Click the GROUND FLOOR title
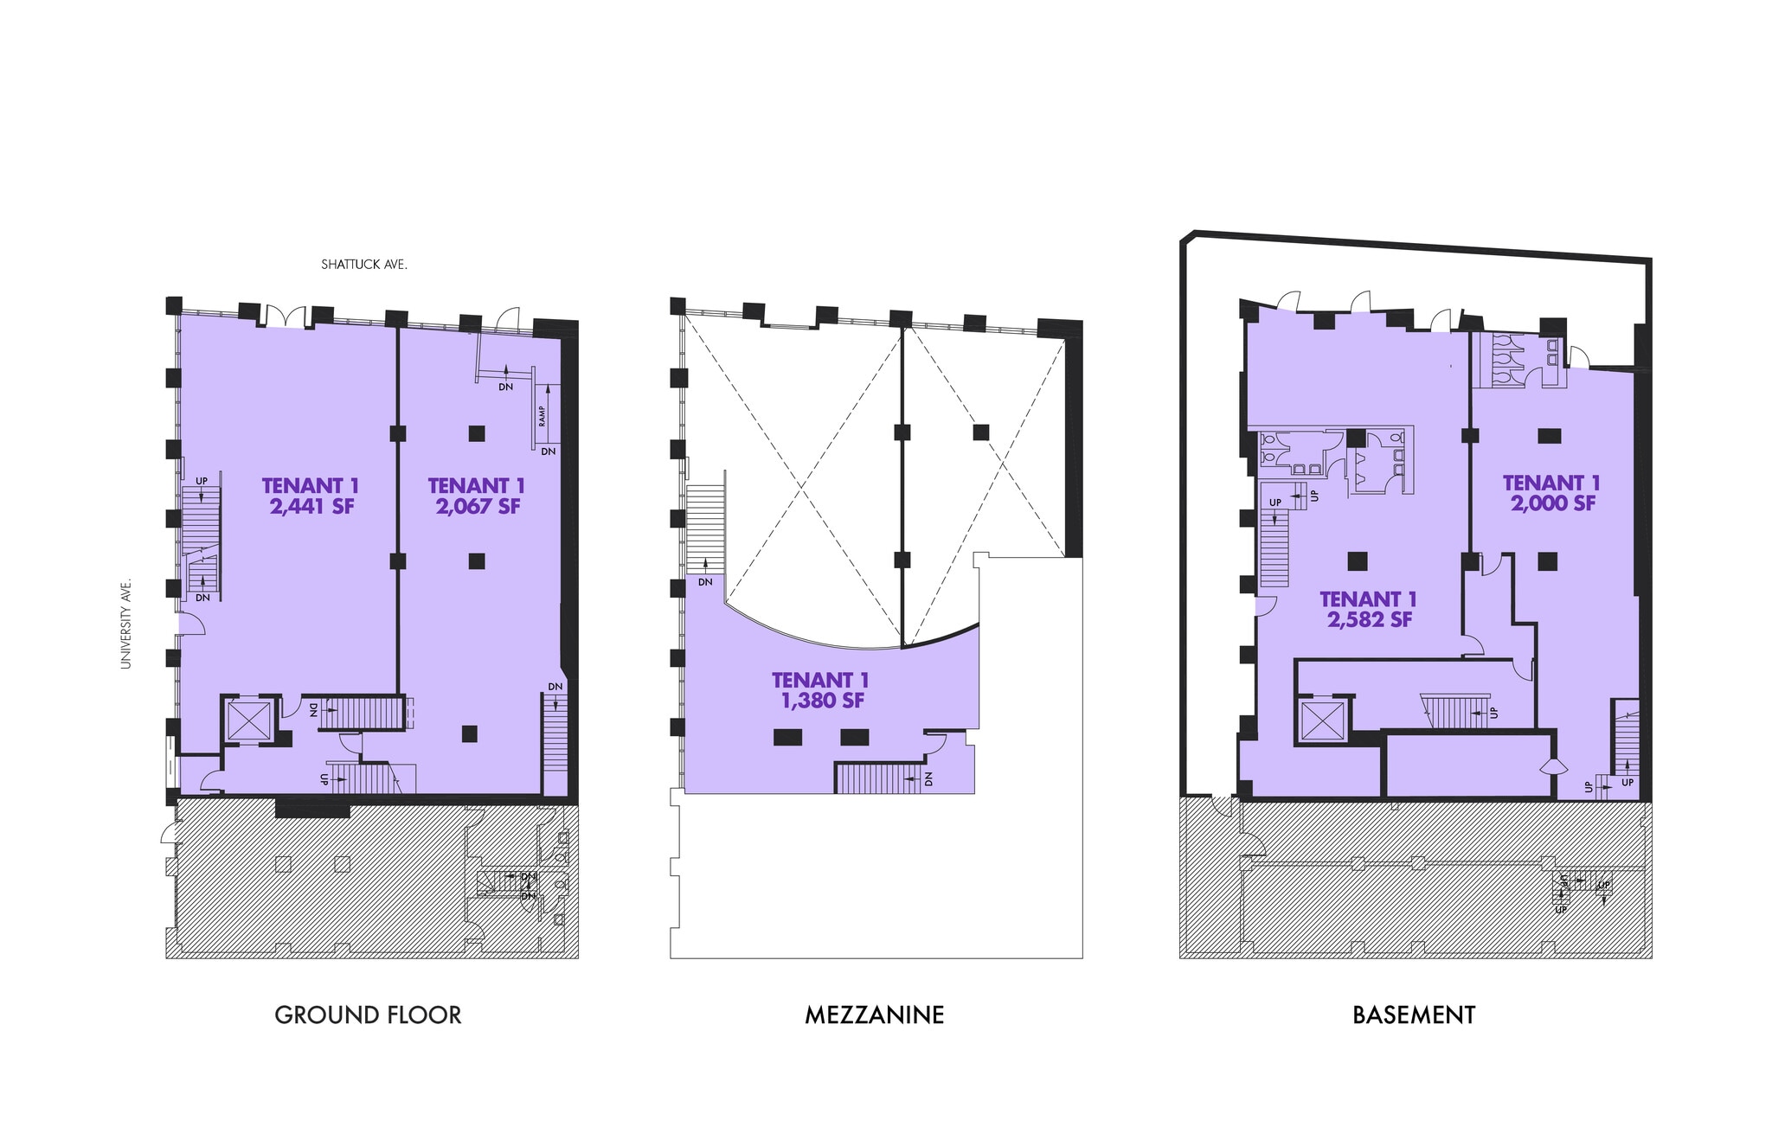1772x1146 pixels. coord(368,1015)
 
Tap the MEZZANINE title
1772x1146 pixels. coord(874,1015)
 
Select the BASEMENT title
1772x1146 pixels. coord(1414,1015)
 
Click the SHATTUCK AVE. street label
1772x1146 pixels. coord(364,265)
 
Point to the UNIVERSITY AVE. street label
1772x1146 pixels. coord(126,611)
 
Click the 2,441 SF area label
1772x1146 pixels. coord(311,507)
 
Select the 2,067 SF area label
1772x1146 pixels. coord(478,507)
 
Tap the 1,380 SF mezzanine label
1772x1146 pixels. coord(822,701)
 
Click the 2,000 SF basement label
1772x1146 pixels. coord(1552,503)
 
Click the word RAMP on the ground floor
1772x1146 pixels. coord(543,417)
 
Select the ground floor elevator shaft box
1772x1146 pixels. coord(249,720)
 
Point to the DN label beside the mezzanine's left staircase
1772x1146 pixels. coord(705,582)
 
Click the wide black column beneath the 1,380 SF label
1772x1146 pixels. coord(787,737)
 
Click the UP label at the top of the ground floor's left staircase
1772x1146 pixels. coord(202,481)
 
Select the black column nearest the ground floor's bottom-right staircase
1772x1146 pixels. coord(469,733)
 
